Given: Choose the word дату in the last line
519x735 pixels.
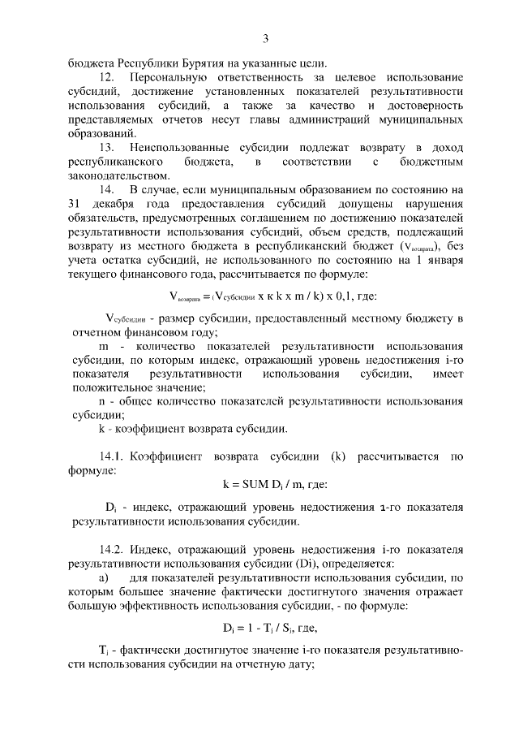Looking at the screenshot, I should click(x=299, y=662).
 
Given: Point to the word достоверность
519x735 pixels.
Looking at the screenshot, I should click(x=422, y=106).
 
